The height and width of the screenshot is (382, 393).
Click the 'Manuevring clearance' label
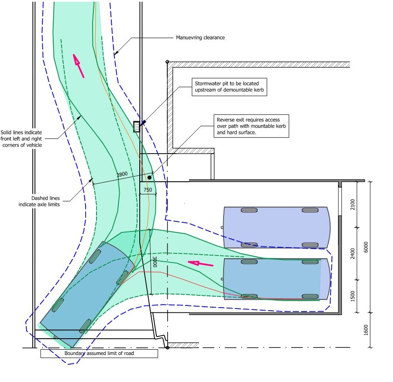tap(200, 38)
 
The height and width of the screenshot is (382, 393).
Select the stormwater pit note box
tap(229, 87)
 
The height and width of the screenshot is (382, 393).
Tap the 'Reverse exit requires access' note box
tap(252, 126)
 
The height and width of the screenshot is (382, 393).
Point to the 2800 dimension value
tap(122, 174)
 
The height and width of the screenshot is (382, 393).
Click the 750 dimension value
tap(148, 190)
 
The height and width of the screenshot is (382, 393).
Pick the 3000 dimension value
tap(154, 262)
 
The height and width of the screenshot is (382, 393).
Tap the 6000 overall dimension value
tap(366, 246)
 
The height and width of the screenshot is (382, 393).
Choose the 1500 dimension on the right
tap(353, 296)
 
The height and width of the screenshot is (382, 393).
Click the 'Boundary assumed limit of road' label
tap(99, 353)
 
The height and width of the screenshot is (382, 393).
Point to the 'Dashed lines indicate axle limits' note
tap(39, 201)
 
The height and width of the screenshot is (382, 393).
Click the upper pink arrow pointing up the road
tap(79, 66)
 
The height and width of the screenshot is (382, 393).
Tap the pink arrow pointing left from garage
tap(200, 263)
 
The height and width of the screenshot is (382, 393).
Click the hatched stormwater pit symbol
tap(136, 126)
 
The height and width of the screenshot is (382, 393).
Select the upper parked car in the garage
tap(276, 227)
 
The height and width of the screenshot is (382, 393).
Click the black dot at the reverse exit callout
tap(149, 177)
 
